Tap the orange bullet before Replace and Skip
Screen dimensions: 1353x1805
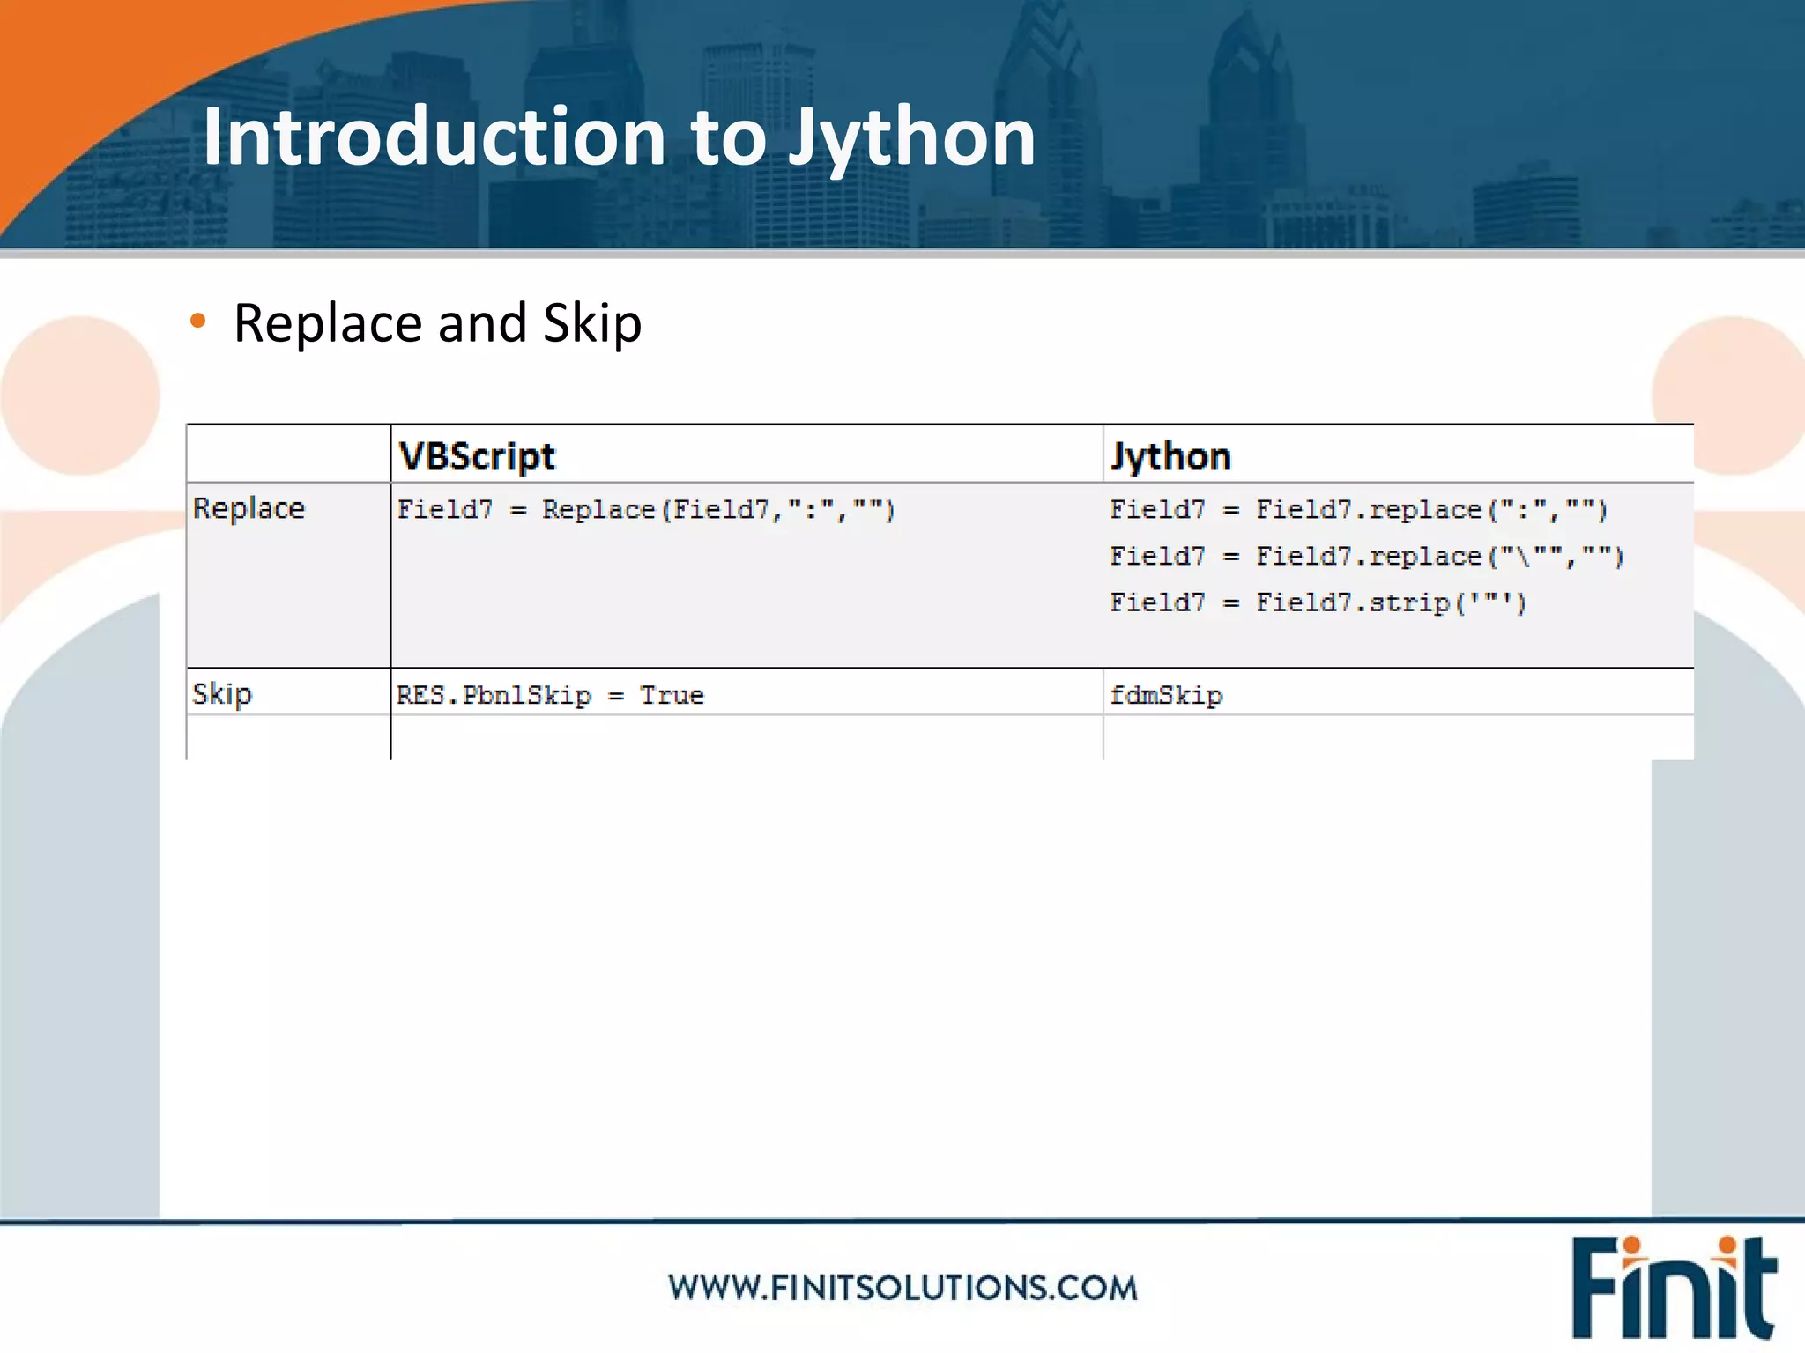point(197,322)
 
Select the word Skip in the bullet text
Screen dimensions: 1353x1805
point(592,324)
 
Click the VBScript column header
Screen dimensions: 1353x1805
point(477,456)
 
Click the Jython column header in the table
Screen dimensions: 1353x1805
point(1170,456)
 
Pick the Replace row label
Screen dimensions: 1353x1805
point(249,508)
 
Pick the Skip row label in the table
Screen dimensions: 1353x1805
point(222,694)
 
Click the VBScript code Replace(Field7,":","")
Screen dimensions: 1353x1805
point(718,510)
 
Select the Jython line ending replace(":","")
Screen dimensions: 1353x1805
point(1358,510)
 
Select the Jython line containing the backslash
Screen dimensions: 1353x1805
point(1366,557)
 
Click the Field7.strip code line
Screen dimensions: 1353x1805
point(1318,603)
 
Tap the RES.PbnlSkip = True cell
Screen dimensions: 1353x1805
point(549,696)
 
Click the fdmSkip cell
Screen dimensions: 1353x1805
point(1165,696)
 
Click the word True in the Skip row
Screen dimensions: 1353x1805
point(672,696)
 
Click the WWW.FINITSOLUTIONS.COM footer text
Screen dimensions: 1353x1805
point(902,1288)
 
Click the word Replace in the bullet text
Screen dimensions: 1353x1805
point(328,324)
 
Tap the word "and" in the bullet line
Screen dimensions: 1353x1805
point(482,324)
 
